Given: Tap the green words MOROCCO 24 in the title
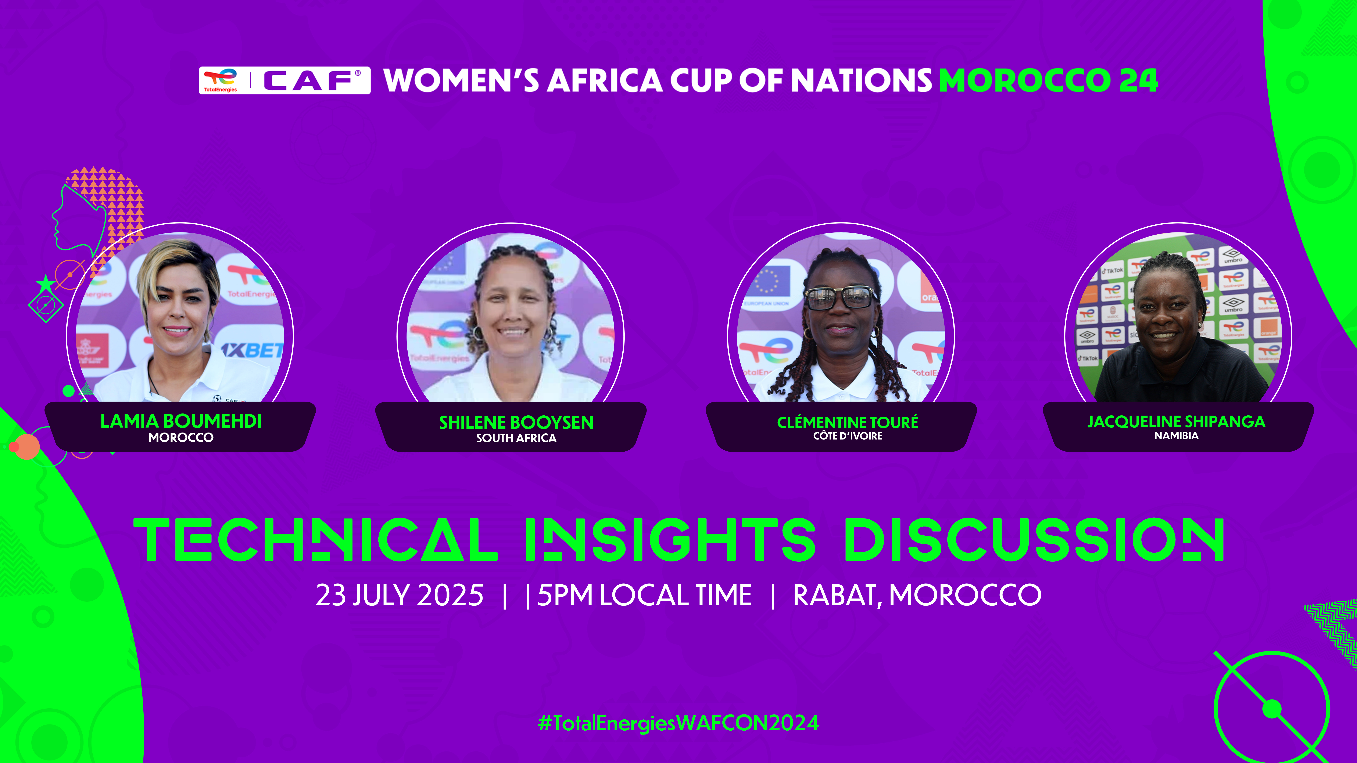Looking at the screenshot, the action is point(1048,81).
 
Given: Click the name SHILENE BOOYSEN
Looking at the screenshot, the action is point(516,422).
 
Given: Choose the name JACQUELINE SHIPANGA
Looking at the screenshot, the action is point(1176,421).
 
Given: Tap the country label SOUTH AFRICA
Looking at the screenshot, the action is point(516,438).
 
